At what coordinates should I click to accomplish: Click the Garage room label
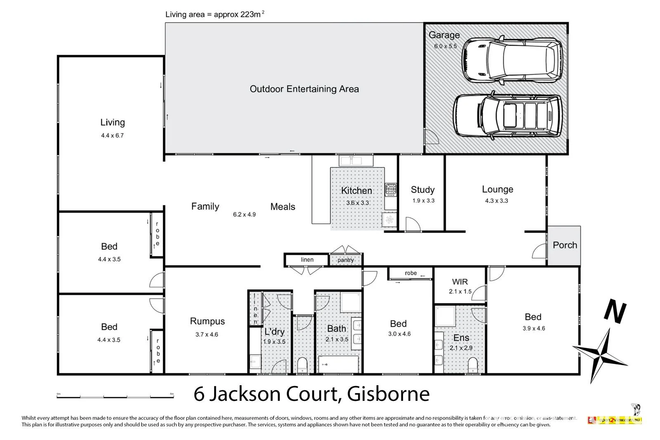pyautogui.click(x=444, y=35)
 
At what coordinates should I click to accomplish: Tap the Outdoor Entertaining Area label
pyautogui.click(x=304, y=89)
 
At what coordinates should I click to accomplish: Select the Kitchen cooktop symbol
pyautogui.click(x=390, y=190)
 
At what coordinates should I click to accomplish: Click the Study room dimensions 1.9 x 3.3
pyautogui.click(x=423, y=201)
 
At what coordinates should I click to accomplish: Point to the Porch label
pyautogui.click(x=564, y=245)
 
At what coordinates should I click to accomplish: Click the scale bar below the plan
pyautogui.click(x=115, y=395)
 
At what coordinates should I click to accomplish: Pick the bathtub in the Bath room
pyautogui.click(x=338, y=365)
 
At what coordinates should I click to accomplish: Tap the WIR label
pyautogui.click(x=460, y=282)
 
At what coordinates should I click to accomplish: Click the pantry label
pyautogui.click(x=345, y=260)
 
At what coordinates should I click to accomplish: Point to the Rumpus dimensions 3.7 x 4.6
pyautogui.click(x=207, y=334)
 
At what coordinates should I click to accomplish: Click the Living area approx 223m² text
pyautogui.click(x=214, y=14)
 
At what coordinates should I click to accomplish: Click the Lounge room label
pyautogui.click(x=497, y=189)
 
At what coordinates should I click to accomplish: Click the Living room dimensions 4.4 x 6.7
pyautogui.click(x=112, y=135)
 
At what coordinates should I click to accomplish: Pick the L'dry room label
pyautogui.click(x=274, y=332)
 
